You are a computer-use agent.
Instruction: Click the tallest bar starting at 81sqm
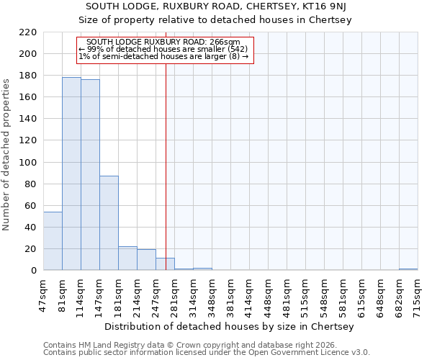tap(71, 174)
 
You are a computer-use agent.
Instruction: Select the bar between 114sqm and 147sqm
tap(90, 175)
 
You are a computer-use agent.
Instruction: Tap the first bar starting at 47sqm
tap(53, 241)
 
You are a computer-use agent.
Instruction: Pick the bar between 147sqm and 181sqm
tap(109, 223)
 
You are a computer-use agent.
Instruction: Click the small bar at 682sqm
tap(408, 269)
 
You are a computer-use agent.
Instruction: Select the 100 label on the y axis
tap(28, 163)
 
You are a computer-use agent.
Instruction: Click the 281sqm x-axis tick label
tap(174, 294)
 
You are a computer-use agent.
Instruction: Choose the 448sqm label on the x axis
tap(268, 294)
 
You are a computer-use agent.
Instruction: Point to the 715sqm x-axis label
tap(418, 294)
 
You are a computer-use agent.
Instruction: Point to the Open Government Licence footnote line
tap(207, 353)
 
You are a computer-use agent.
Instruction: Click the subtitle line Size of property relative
tap(215, 20)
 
